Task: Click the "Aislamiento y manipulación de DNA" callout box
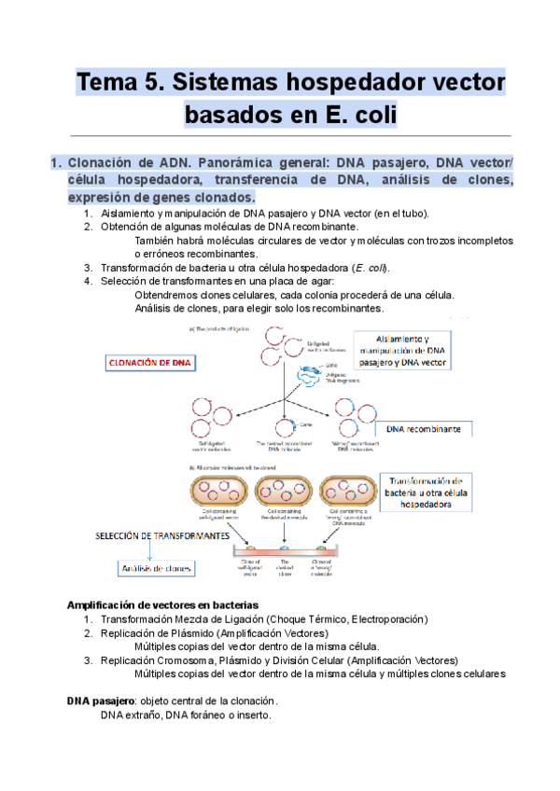[415, 353]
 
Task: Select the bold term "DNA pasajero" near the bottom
[101, 701]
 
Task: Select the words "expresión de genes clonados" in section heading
[161, 198]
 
